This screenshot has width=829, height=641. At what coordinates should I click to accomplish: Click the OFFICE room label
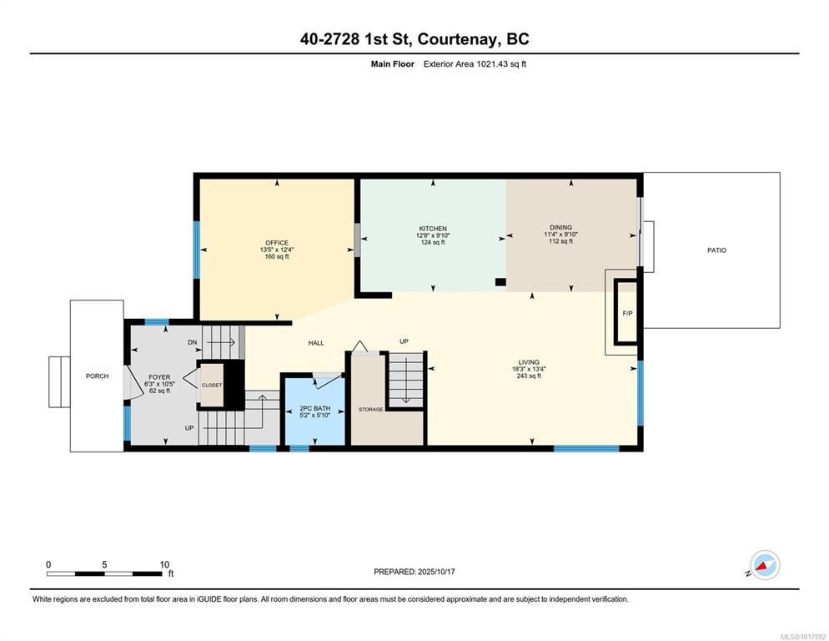[x=277, y=243]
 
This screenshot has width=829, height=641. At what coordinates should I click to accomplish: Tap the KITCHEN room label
[x=433, y=229]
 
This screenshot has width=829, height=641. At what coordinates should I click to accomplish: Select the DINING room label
[x=560, y=228]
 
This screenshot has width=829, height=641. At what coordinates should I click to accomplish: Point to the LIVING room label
[x=529, y=362]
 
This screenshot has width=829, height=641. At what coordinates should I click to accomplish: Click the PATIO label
[x=717, y=250]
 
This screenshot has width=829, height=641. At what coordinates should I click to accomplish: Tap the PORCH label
[x=98, y=376]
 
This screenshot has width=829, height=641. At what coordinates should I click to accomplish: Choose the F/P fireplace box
[x=627, y=312]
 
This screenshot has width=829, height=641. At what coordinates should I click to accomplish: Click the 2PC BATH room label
[x=314, y=409]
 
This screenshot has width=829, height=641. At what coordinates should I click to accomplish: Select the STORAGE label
[x=370, y=410]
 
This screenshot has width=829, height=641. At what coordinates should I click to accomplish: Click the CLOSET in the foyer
[x=212, y=385]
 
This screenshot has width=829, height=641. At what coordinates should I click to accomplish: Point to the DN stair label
[x=193, y=342]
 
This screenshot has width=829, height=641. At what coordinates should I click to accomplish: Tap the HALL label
[x=316, y=343]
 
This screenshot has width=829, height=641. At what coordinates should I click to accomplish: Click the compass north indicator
[x=765, y=565]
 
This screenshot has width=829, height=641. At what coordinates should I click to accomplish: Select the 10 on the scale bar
[x=164, y=565]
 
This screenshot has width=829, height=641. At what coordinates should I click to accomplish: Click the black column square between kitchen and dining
[x=500, y=282]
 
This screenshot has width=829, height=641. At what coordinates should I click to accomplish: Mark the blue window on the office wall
[x=197, y=250]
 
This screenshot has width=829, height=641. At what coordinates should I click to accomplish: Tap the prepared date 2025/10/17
[x=436, y=572]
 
